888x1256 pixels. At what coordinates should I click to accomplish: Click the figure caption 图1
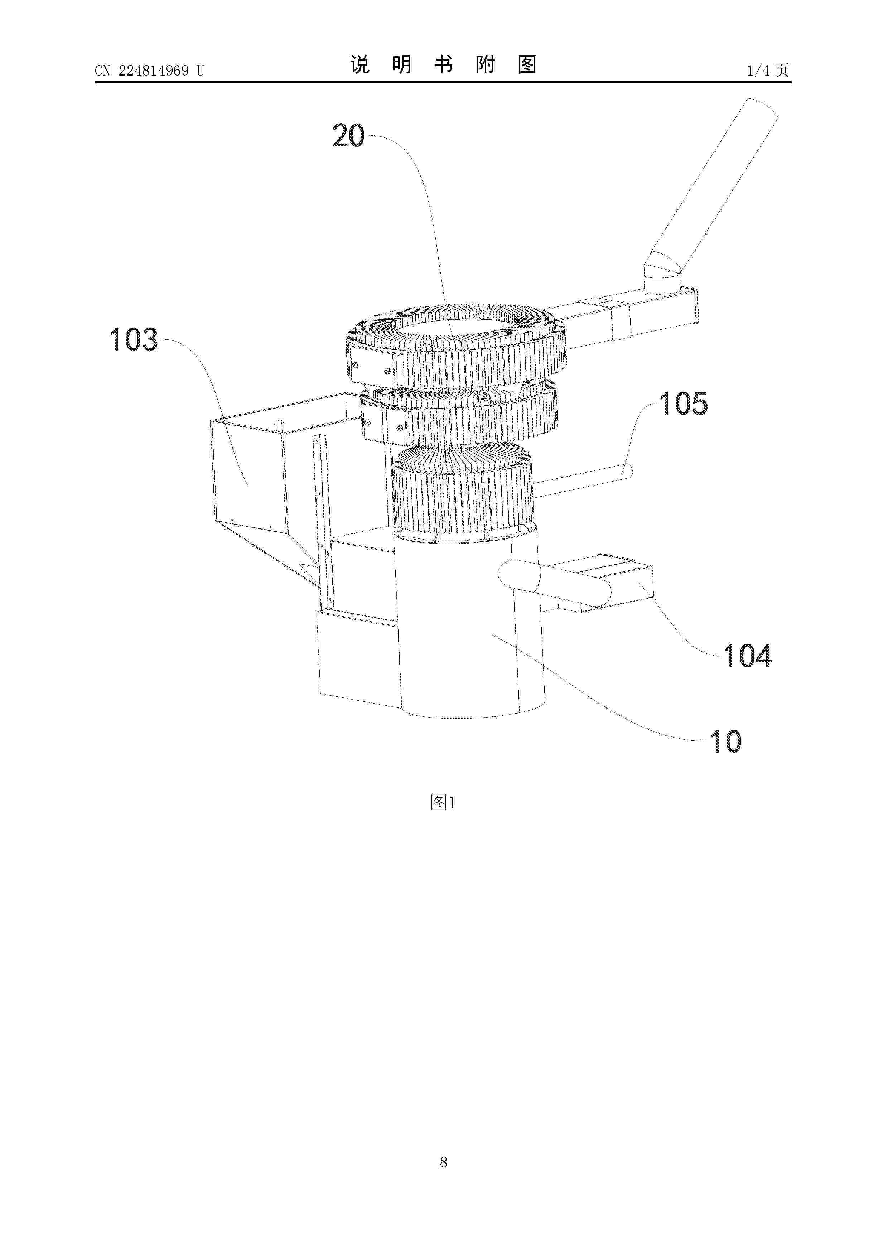click(443, 802)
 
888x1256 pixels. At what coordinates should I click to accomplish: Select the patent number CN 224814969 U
click(149, 71)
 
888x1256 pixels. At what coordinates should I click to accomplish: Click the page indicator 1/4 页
click(768, 71)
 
